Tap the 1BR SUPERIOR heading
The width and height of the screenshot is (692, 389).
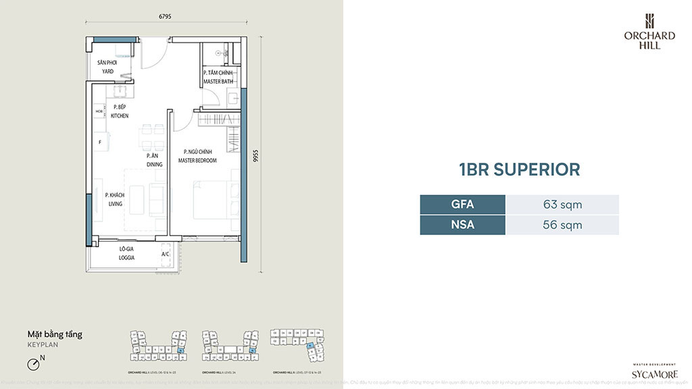pyautogui.click(x=519, y=169)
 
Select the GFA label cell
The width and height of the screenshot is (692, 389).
pyautogui.click(x=462, y=205)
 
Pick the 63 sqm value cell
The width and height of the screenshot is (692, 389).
pyautogui.click(x=562, y=205)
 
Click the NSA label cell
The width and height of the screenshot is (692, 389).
pyautogui.click(x=462, y=225)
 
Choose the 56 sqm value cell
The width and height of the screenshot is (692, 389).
pyautogui.click(x=562, y=225)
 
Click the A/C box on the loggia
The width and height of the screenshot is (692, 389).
pyautogui.click(x=166, y=255)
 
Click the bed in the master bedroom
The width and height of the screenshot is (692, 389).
pyautogui.click(x=215, y=199)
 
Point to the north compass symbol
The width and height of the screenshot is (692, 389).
pyautogui.click(x=34, y=364)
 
